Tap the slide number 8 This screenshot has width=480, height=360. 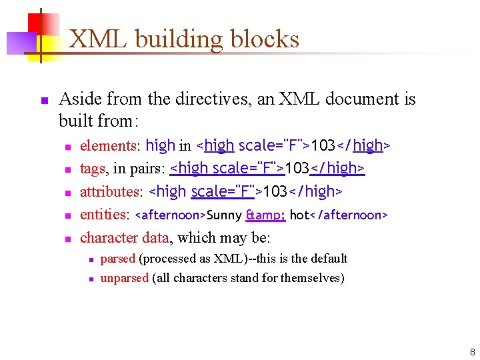[472, 352]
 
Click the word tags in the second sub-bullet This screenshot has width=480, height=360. [92, 169]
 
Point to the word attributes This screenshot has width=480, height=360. [109, 192]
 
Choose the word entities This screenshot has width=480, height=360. [103, 215]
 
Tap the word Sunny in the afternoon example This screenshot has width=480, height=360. [225, 215]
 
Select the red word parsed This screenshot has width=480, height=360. [117, 259]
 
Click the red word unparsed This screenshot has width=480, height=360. [124, 278]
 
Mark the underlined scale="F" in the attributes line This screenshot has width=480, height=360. [223, 192]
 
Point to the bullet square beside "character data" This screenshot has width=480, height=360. [66, 239]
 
